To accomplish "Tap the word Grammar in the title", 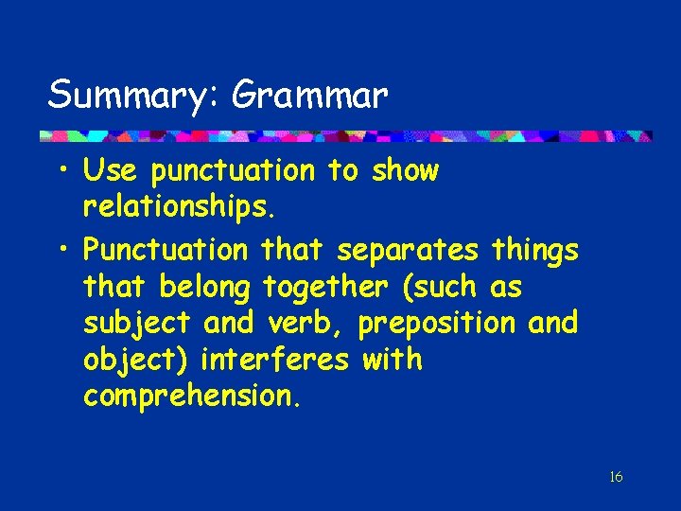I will (309, 95).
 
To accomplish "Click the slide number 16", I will (616, 476).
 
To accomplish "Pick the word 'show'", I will (405, 171).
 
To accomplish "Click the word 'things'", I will (534, 250).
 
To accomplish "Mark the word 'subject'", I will (137, 324).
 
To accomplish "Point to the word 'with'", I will (392, 361).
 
